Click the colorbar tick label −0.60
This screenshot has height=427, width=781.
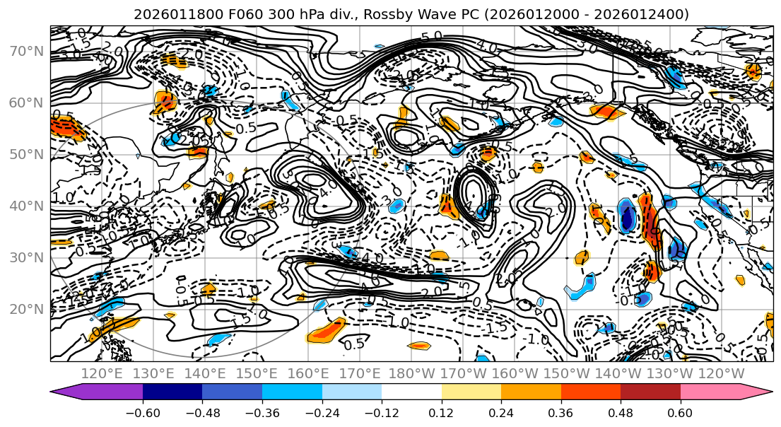[x=142, y=413]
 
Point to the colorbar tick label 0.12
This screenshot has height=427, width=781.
[x=441, y=413]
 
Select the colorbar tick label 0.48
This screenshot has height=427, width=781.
[x=621, y=413]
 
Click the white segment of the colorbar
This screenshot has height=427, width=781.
[x=411, y=393]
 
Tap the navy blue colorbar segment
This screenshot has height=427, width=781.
[x=172, y=393]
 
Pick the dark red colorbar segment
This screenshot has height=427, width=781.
[x=650, y=393]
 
